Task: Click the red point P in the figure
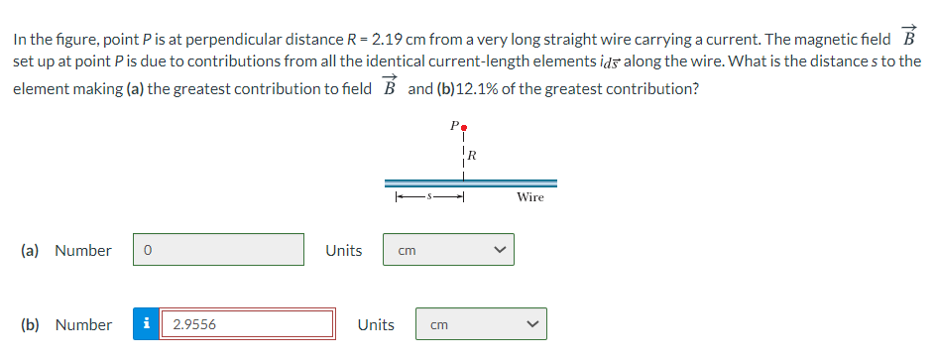pos(463,128)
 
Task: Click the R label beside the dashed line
pos(473,155)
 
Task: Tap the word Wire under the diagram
pos(530,197)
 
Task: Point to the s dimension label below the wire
pos(429,196)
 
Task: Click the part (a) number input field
pos(218,250)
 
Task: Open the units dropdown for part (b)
pos(481,324)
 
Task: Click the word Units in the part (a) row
pos(343,250)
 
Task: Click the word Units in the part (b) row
pos(376,324)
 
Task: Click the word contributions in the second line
pos(243,60)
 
